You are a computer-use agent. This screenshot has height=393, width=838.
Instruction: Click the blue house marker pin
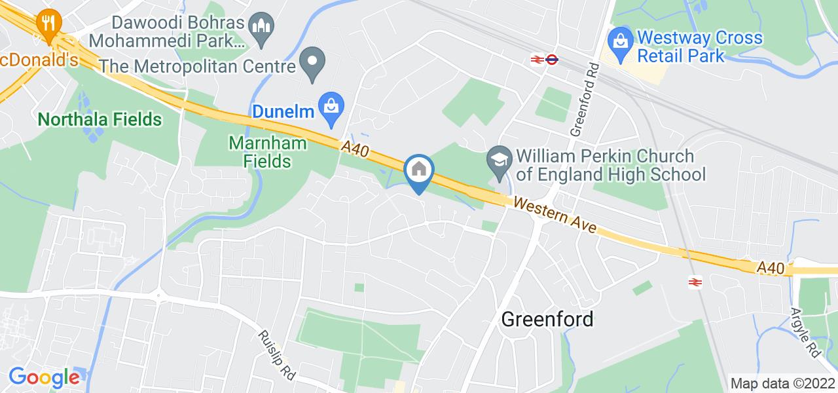pos(419,171)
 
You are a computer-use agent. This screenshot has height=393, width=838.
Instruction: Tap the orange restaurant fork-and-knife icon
pos(48,24)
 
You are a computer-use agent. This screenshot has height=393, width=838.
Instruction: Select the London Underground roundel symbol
pos(551,59)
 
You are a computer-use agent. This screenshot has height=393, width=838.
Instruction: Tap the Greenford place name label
pos(547,319)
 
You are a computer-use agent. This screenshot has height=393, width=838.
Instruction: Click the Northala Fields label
pos(100,119)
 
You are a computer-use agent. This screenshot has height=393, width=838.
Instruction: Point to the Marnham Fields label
pos(259,151)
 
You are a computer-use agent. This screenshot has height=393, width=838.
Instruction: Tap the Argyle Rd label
pos(806,332)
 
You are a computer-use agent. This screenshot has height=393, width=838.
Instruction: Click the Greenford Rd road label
pos(584,99)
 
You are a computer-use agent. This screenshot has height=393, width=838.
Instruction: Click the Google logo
pos(43,377)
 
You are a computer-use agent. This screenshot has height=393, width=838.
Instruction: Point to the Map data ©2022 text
pos(782,383)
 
